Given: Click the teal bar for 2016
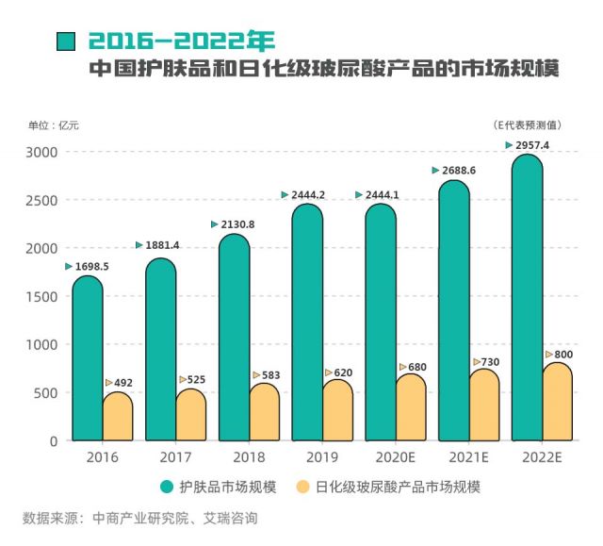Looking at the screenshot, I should click(x=87, y=358).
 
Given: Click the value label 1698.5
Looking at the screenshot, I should click(x=92, y=267).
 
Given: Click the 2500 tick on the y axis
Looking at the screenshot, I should click(x=41, y=201).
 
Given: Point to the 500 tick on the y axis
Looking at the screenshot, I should click(x=45, y=393).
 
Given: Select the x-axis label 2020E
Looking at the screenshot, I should click(x=395, y=457).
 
